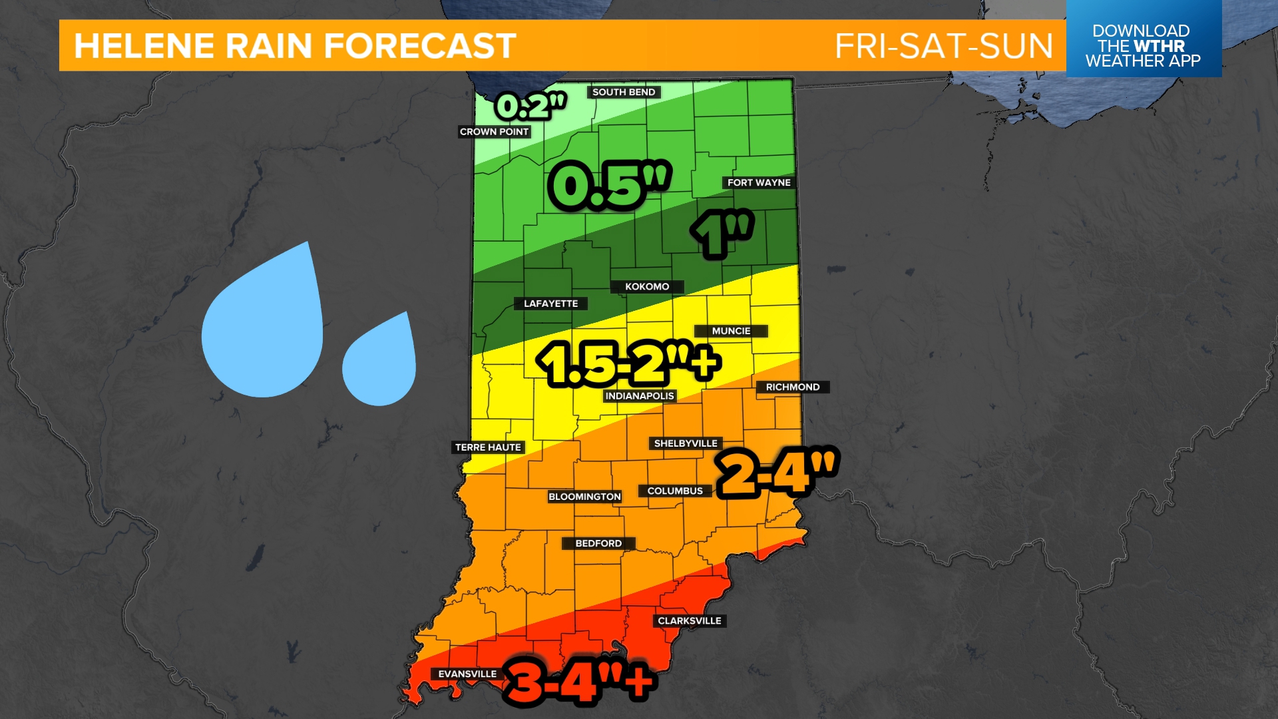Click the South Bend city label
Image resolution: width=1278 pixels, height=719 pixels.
(x=624, y=92)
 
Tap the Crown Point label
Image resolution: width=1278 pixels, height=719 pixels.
(x=494, y=132)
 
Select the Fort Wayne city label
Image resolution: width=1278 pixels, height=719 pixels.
(x=759, y=182)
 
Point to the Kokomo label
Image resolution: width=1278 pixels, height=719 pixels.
(x=647, y=287)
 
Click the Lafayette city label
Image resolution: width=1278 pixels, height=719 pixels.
(x=550, y=304)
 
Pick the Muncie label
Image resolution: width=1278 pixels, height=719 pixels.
(x=731, y=331)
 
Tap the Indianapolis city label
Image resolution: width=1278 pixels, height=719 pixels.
(x=640, y=396)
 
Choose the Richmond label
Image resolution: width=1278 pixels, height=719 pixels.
(x=792, y=387)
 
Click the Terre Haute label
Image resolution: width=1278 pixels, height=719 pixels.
(x=488, y=447)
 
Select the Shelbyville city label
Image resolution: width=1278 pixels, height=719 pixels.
(x=686, y=443)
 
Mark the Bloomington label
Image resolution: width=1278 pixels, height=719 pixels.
(x=584, y=497)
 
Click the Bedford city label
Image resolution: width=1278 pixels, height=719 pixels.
(x=598, y=543)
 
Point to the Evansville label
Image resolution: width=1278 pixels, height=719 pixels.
(x=467, y=674)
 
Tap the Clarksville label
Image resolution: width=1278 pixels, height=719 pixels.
(x=690, y=620)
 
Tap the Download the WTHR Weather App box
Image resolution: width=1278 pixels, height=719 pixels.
(x=1143, y=45)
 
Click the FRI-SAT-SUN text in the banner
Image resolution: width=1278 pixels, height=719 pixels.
(x=943, y=46)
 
